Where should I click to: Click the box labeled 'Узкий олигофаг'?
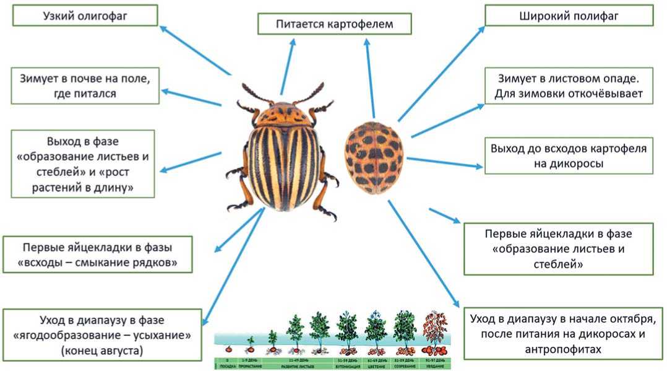point(85,15)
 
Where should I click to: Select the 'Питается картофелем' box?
point(335,25)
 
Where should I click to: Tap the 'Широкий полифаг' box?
point(569,15)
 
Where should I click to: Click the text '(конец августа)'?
point(102,351)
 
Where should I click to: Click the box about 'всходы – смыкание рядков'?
point(97,255)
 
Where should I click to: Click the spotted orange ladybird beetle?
point(374,157)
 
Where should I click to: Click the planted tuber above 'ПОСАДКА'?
point(228,349)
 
